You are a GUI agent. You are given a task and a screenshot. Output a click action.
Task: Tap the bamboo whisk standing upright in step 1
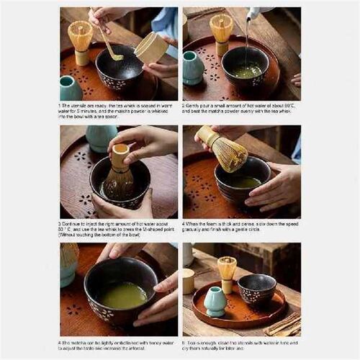click(80, 40)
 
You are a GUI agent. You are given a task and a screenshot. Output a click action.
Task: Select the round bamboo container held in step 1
click(151, 48)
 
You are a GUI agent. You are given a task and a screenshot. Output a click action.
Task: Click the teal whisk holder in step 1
click(71, 87)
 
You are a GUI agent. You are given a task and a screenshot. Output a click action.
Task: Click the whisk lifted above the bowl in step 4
click(225, 150)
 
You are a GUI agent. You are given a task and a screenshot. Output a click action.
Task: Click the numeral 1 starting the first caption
click(61, 104)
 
